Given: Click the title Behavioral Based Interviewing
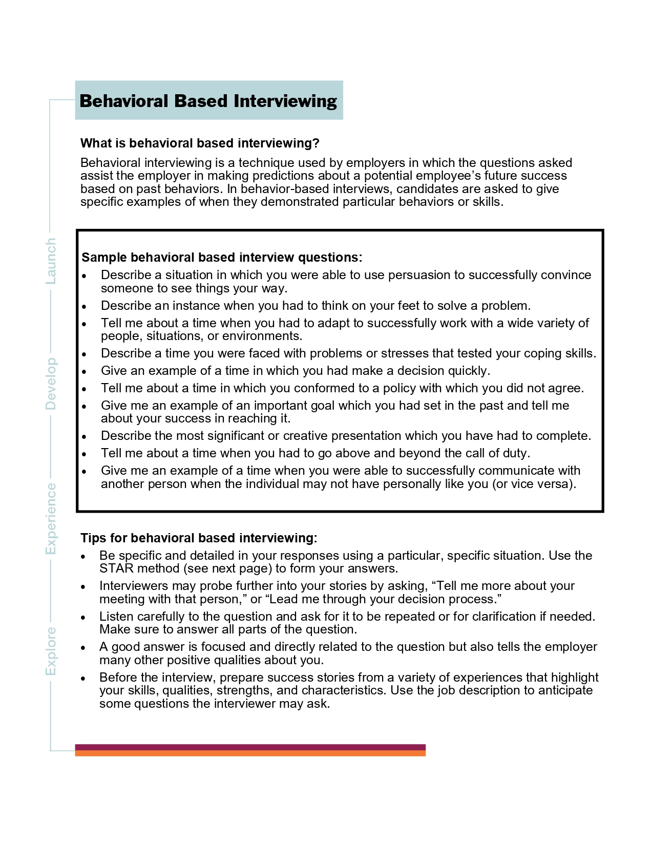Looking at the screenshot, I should coord(208,101).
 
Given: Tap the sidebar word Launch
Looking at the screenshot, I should coord(51,261).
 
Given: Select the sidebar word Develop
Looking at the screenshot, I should coord(51,384).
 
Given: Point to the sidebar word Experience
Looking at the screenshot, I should coord(51,518).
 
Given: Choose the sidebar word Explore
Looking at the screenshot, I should coord(51,651).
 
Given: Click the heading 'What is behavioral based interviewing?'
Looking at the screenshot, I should coord(200,143).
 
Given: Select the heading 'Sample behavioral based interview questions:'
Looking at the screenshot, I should coord(222,257).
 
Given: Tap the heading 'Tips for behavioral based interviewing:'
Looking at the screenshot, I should coord(199,538).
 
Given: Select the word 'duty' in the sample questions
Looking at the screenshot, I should coord(515,453).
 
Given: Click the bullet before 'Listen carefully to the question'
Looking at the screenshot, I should coord(83,618).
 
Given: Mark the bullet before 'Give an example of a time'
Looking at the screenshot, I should coord(85,372).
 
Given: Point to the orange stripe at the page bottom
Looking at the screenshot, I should coord(250,753).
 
